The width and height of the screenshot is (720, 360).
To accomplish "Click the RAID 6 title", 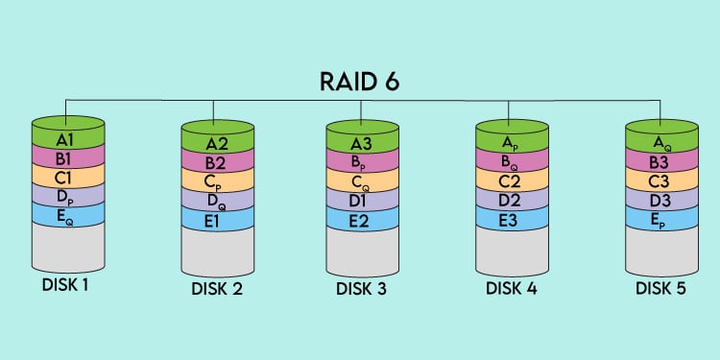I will coord(360,81).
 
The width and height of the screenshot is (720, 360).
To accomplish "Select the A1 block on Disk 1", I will coord(65,138).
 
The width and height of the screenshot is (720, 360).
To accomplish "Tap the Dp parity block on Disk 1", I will coord(65,198).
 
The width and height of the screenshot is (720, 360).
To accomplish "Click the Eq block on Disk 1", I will coord(65,218).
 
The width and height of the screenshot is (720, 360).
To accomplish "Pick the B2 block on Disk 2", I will coord(217,164).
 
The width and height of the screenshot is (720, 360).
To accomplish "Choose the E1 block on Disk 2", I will coord(217,222).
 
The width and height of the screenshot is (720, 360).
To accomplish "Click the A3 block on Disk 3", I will coord(360,144).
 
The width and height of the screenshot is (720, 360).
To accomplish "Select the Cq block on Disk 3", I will coord(360,183).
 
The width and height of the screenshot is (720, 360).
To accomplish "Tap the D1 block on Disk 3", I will coord(360,203).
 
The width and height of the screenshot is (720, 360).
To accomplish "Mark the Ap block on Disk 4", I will coord(512,143).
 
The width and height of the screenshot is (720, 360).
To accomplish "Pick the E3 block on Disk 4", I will coord(512,222).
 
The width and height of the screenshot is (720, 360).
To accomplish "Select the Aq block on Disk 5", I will coord(660,143).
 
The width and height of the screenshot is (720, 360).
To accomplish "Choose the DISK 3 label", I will coord(360,289).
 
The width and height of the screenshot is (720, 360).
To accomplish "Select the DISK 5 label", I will coord(660,289).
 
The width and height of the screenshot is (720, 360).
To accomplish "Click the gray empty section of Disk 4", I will coord(512,252).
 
